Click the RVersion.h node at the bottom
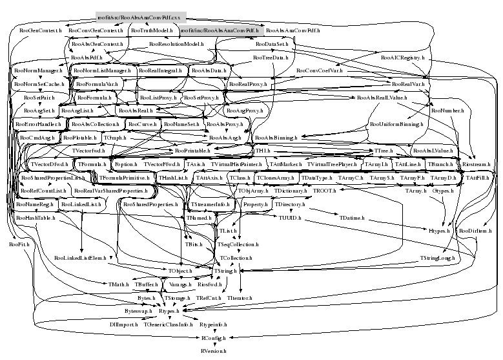point(212,350)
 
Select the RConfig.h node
point(212,337)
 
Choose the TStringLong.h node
point(438,258)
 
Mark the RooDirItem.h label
point(476,231)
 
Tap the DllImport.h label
point(123,324)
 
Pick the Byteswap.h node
point(139,311)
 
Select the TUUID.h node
point(291,218)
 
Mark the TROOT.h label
point(324,191)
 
